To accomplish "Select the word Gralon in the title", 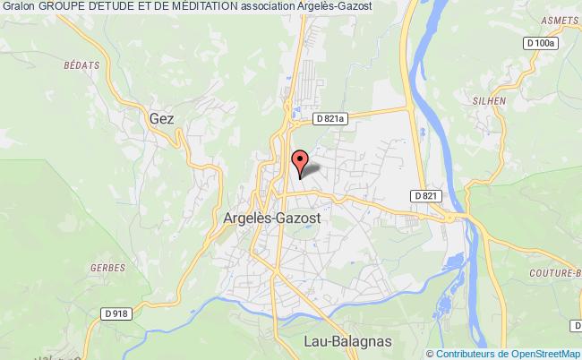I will pyautogui.click(x=18, y=6).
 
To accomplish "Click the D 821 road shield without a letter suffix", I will pyautogui.click(x=425, y=195).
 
